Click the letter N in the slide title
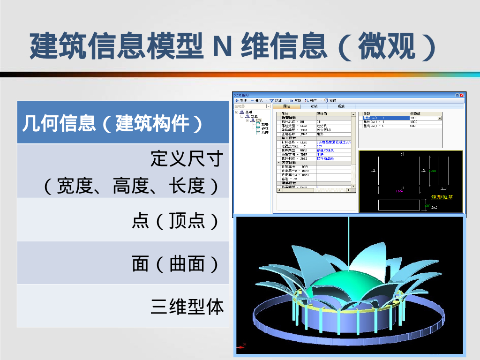point(221,45)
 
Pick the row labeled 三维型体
point(187,307)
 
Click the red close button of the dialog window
point(463,95)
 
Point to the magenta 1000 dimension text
point(399,191)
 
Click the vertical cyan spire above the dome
point(350,244)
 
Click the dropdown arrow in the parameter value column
point(439,118)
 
